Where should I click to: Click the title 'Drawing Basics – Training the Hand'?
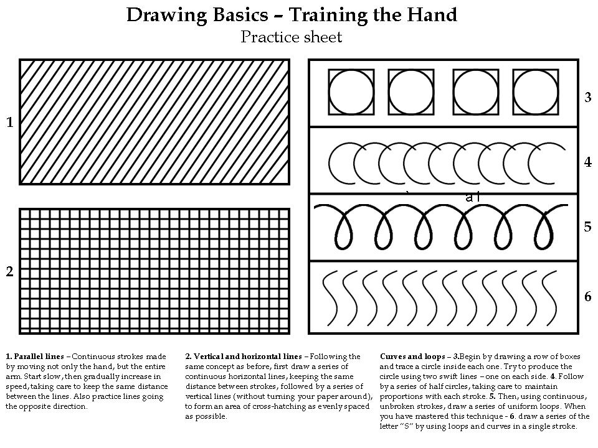pyautogui.click(x=292, y=14)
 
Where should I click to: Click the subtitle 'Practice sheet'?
pyautogui.click(x=292, y=37)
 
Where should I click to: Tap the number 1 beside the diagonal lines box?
pyautogui.click(x=9, y=123)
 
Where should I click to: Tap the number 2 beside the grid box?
pyautogui.click(x=9, y=272)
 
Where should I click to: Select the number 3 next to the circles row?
pyautogui.click(x=587, y=97)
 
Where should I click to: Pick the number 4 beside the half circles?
pyautogui.click(x=587, y=162)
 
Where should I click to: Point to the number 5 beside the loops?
pyautogui.click(x=587, y=226)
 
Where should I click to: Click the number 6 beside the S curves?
pyautogui.click(x=587, y=296)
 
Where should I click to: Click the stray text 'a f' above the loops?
pyautogui.click(x=473, y=197)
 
